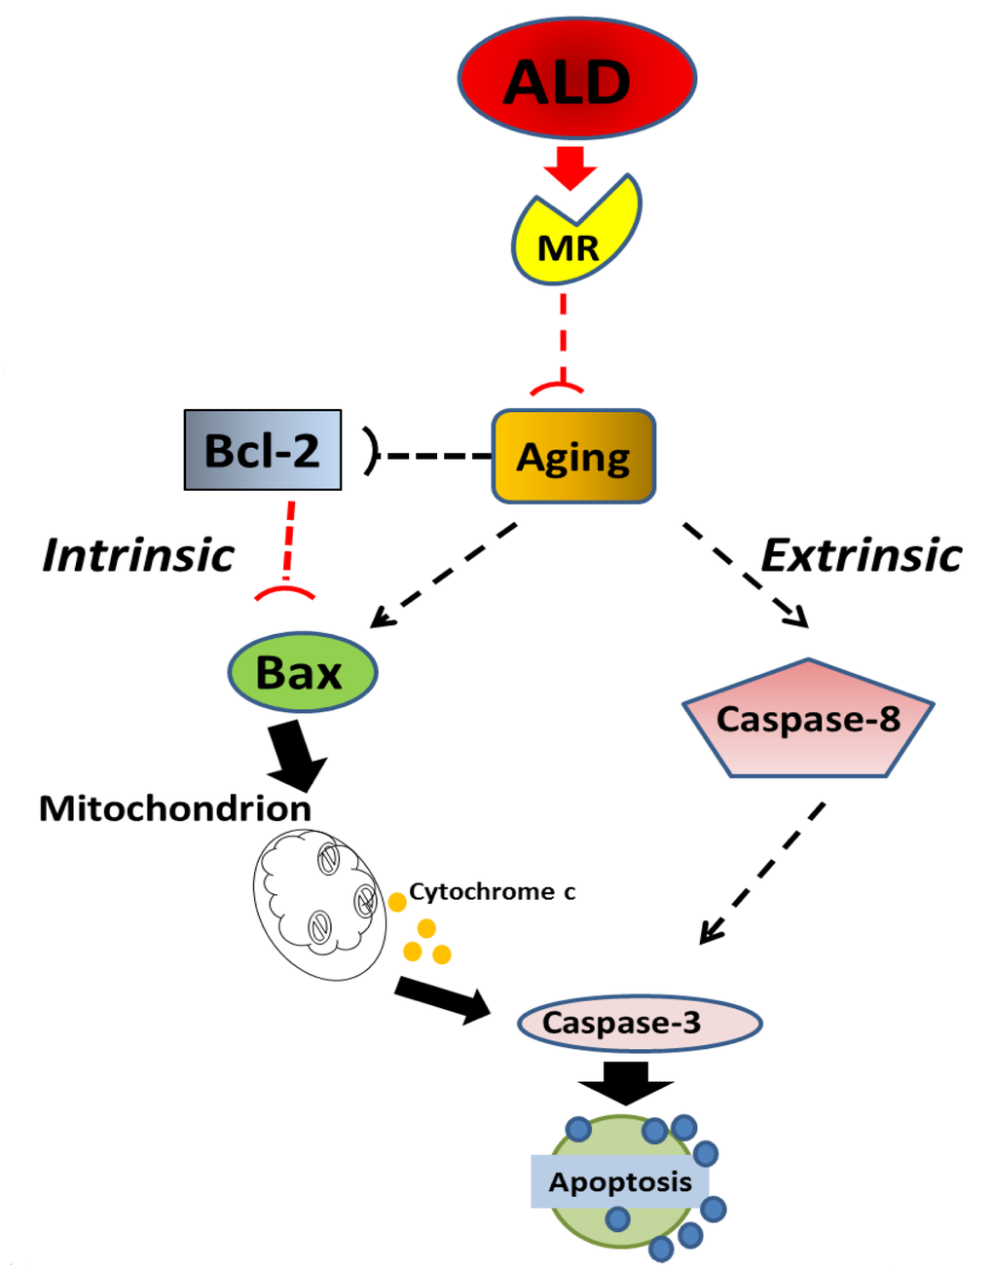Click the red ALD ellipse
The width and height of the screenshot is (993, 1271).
coord(576,78)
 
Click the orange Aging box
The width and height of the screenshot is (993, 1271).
coord(573,457)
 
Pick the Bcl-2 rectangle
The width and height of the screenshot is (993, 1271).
coord(263,450)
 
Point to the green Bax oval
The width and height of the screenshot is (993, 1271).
coord(302,673)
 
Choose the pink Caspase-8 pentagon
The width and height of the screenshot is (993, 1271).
coord(808,721)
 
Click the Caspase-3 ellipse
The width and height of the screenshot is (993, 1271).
coord(639,1023)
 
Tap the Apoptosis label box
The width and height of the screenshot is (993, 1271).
coord(619,1181)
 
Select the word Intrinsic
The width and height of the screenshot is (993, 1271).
coord(138,555)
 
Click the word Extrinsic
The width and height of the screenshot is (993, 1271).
coord(861,555)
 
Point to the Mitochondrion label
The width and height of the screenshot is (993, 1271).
coord(175,808)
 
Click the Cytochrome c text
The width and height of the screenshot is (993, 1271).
coord(492,891)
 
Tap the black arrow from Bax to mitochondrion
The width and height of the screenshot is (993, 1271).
coord(297,755)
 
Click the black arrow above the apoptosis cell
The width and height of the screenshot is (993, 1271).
coord(625,1082)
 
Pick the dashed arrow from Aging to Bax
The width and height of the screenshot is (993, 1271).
coord(444,576)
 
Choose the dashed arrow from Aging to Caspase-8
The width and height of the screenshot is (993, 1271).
coord(746,575)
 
